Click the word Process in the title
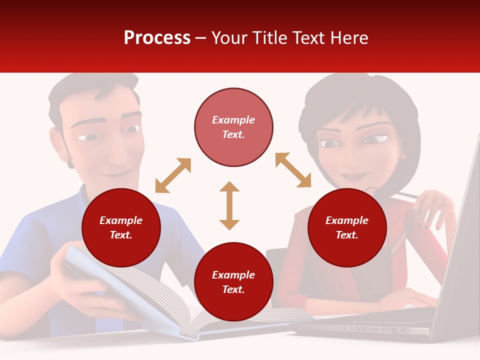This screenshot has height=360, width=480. coord(157,38)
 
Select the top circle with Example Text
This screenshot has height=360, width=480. coord(233,127)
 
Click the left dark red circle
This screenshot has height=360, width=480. coord(121,227)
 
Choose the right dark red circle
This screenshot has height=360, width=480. coord(347,227)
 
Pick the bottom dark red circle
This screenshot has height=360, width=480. coord(233,282)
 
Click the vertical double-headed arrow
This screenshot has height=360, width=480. coord(229,205)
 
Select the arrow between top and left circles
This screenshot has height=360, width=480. coord(173,175)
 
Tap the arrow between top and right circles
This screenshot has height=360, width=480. coord(293,170)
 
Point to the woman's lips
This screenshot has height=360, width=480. coord(354,176)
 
